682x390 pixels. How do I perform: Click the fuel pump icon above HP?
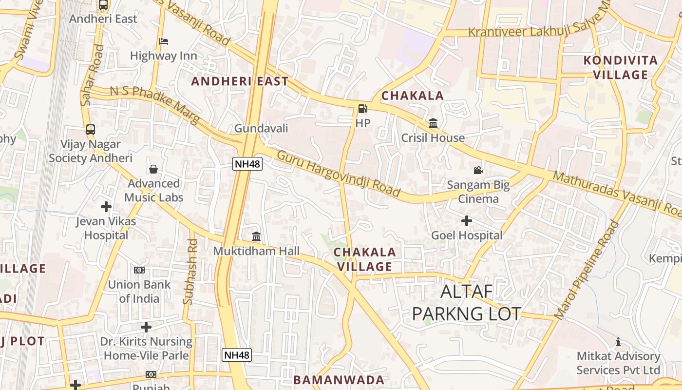click(x=362, y=109)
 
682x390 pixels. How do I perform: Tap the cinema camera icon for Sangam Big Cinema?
click(x=478, y=170)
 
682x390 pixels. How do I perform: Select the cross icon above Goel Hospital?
click(x=467, y=221)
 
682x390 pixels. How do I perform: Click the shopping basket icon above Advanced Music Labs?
click(x=153, y=169)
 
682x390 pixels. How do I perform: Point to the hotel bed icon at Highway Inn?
click(x=164, y=41)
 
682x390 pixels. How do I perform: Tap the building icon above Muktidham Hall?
click(x=256, y=237)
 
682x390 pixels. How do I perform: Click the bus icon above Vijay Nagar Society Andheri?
click(x=91, y=130)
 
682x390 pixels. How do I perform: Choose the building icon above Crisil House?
click(x=433, y=123)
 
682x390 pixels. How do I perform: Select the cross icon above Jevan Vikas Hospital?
click(x=106, y=207)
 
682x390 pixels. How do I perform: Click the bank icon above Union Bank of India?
click(x=139, y=270)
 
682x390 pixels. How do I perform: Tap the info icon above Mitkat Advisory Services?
click(x=618, y=342)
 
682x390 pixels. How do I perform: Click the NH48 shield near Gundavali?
click(x=247, y=164)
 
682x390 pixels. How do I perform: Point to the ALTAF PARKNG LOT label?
click(x=467, y=303)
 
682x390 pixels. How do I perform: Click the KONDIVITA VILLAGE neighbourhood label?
click(x=620, y=68)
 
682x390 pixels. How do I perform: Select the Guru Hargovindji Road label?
click(x=338, y=174)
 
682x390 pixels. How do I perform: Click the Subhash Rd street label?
click(x=190, y=271)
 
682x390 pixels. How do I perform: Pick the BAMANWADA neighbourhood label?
click(x=339, y=380)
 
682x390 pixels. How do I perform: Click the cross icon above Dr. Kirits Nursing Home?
click(x=146, y=327)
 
